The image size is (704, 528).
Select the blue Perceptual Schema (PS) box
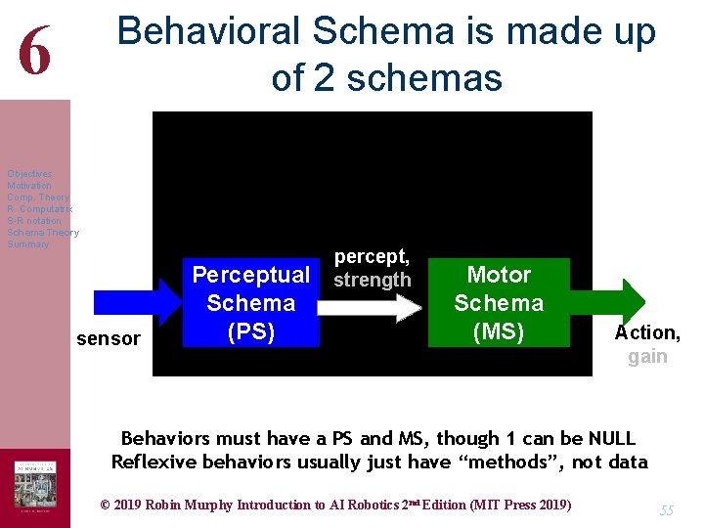250,303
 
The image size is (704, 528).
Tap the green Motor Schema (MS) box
499,303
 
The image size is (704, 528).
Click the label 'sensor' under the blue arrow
108,338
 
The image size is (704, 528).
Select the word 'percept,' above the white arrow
372,256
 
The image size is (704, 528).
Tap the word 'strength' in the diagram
372,280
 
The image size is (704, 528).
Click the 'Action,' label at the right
647,332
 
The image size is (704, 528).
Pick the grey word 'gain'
647,356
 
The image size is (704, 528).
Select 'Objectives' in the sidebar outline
29,174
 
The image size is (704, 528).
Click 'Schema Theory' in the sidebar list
42,233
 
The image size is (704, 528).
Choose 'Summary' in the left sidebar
27,244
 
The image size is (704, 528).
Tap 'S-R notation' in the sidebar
34,221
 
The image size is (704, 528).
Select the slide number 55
667,510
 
